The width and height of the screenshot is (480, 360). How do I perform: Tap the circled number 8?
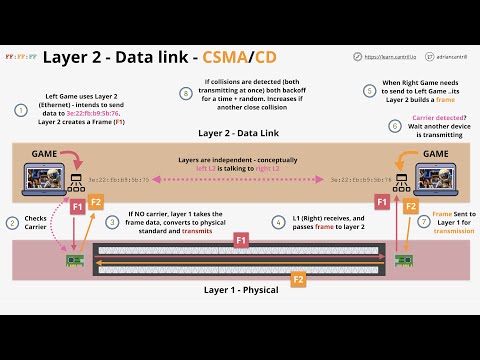point(185,93)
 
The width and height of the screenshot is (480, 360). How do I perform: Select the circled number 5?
point(369,90)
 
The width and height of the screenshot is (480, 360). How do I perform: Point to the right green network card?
point(403,262)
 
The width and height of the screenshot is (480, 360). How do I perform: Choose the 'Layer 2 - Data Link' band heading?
point(240,132)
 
